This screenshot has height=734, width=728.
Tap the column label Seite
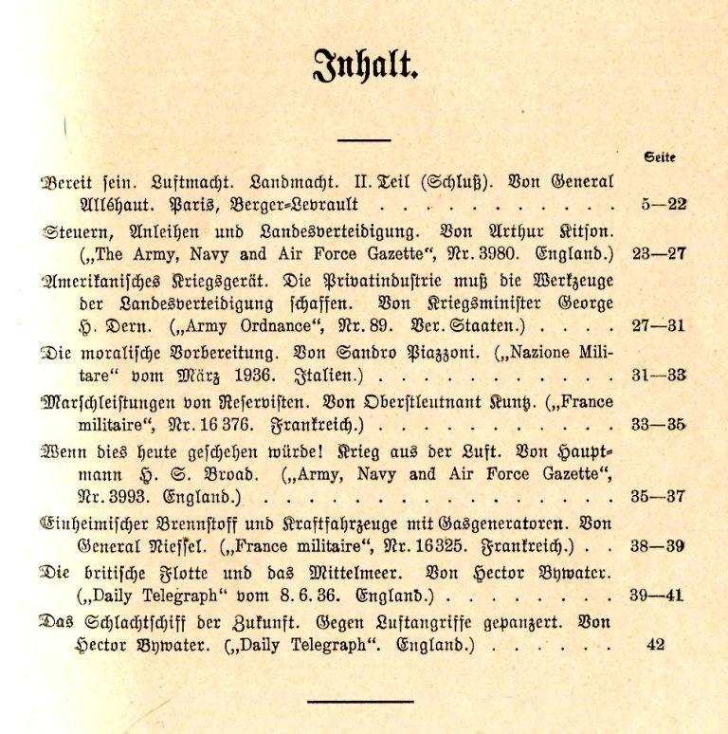659,158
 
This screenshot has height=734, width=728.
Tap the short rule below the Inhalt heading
364,140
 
